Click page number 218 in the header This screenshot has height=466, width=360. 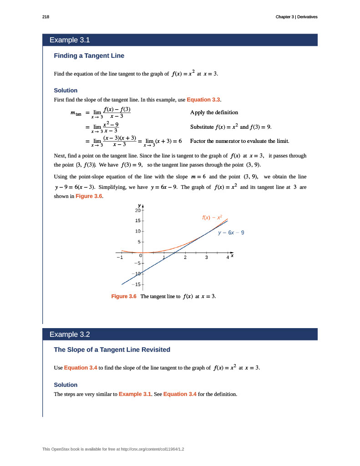click(x=46, y=17)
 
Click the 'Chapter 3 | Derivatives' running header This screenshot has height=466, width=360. click(x=296, y=17)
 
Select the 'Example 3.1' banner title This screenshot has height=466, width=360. click(x=70, y=40)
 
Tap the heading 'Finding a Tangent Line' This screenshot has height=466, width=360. click(x=89, y=56)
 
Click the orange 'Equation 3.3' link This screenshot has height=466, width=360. click(x=204, y=100)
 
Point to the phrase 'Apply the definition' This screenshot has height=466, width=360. click(x=214, y=112)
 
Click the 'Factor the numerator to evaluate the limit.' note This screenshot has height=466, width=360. click(x=239, y=141)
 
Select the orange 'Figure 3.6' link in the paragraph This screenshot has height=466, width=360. click(x=89, y=196)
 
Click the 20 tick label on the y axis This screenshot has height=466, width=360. click(x=137, y=211)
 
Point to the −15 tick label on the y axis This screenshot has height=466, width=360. click(x=136, y=284)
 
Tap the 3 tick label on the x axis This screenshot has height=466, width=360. click(x=206, y=258)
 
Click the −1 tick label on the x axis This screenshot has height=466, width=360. click(x=120, y=258)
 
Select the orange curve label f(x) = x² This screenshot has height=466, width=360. click(x=212, y=218)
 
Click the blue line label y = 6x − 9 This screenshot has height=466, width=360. click(x=231, y=233)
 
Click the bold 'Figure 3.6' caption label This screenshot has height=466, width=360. click(x=124, y=296)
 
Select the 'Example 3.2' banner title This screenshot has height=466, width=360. click(x=70, y=334)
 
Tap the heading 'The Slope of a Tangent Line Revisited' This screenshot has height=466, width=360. click(x=112, y=349)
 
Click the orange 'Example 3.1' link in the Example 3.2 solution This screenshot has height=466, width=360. click(x=135, y=394)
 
